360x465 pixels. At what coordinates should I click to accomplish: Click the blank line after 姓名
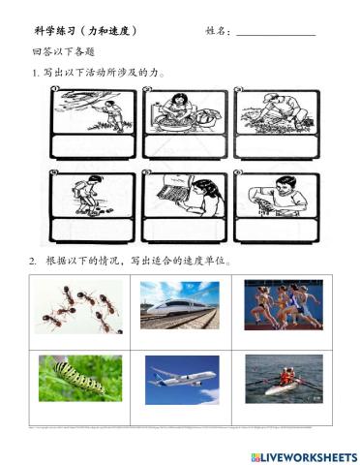click(276, 32)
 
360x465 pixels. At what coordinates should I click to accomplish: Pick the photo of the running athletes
click(283, 307)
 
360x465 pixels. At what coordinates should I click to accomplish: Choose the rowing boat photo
click(283, 378)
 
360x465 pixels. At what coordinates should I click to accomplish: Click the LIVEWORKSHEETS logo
click(303, 456)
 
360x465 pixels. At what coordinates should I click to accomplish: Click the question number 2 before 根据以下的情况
click(33, 262)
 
